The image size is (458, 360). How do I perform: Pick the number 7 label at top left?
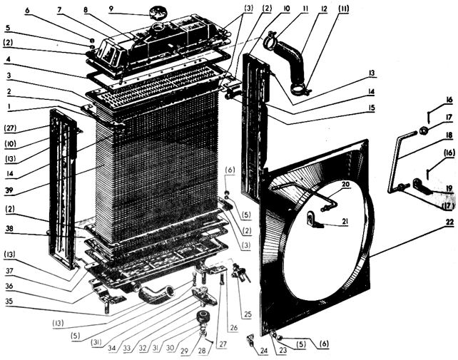point(59,9)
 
